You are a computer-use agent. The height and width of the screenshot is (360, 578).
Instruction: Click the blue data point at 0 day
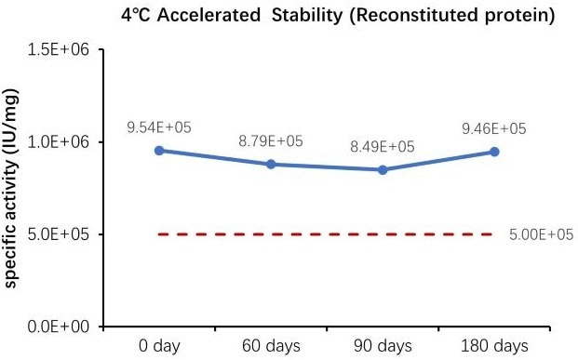pyautogui.click(x=159, y=150)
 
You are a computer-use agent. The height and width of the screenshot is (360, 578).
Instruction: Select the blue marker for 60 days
pyautogui.click(x=271, y=164)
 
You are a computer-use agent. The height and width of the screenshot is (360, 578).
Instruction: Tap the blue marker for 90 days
pyautogui.click(x=383, y=169)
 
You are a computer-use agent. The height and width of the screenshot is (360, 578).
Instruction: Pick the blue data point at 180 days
pyautogui.click(x=494, y=152)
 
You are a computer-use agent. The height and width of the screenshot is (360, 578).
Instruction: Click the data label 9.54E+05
pyautogui.click(x=159, y=127)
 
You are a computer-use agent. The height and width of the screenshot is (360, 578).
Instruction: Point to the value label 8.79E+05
pyautogui.click(x=271, y=141)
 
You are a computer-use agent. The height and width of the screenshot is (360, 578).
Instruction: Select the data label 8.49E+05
pyautogui.click(x=383, y=147)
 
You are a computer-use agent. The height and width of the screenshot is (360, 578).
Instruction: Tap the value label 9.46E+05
pyautogui.click(x=494, y=127)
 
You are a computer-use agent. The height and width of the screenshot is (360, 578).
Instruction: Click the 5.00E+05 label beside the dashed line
pyautogui.click(x=541, y=234)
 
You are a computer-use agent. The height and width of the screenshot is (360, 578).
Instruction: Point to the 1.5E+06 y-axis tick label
pyautogui.click(x=59, y=50)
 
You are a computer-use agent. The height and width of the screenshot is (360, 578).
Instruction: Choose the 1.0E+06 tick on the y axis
pyautogui.click(x=59, y=142)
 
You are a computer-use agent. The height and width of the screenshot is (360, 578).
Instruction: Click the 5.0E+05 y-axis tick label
pyautogui.click(x=59, y=234)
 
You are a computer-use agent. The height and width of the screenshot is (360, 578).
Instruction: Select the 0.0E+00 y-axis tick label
pyautogui.click(x=59, y=327)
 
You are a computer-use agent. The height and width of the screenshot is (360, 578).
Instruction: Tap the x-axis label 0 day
pyautogui.click(x=159, y=344)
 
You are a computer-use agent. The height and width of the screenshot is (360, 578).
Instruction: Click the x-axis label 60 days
pyautogui.click(x=271, y=344)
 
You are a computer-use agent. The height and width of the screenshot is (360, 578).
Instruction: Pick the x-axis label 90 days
pyautogui.click(x=383, y=344)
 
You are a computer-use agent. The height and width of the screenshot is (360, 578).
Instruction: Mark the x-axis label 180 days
pyautogui.click(x=494, y=344)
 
